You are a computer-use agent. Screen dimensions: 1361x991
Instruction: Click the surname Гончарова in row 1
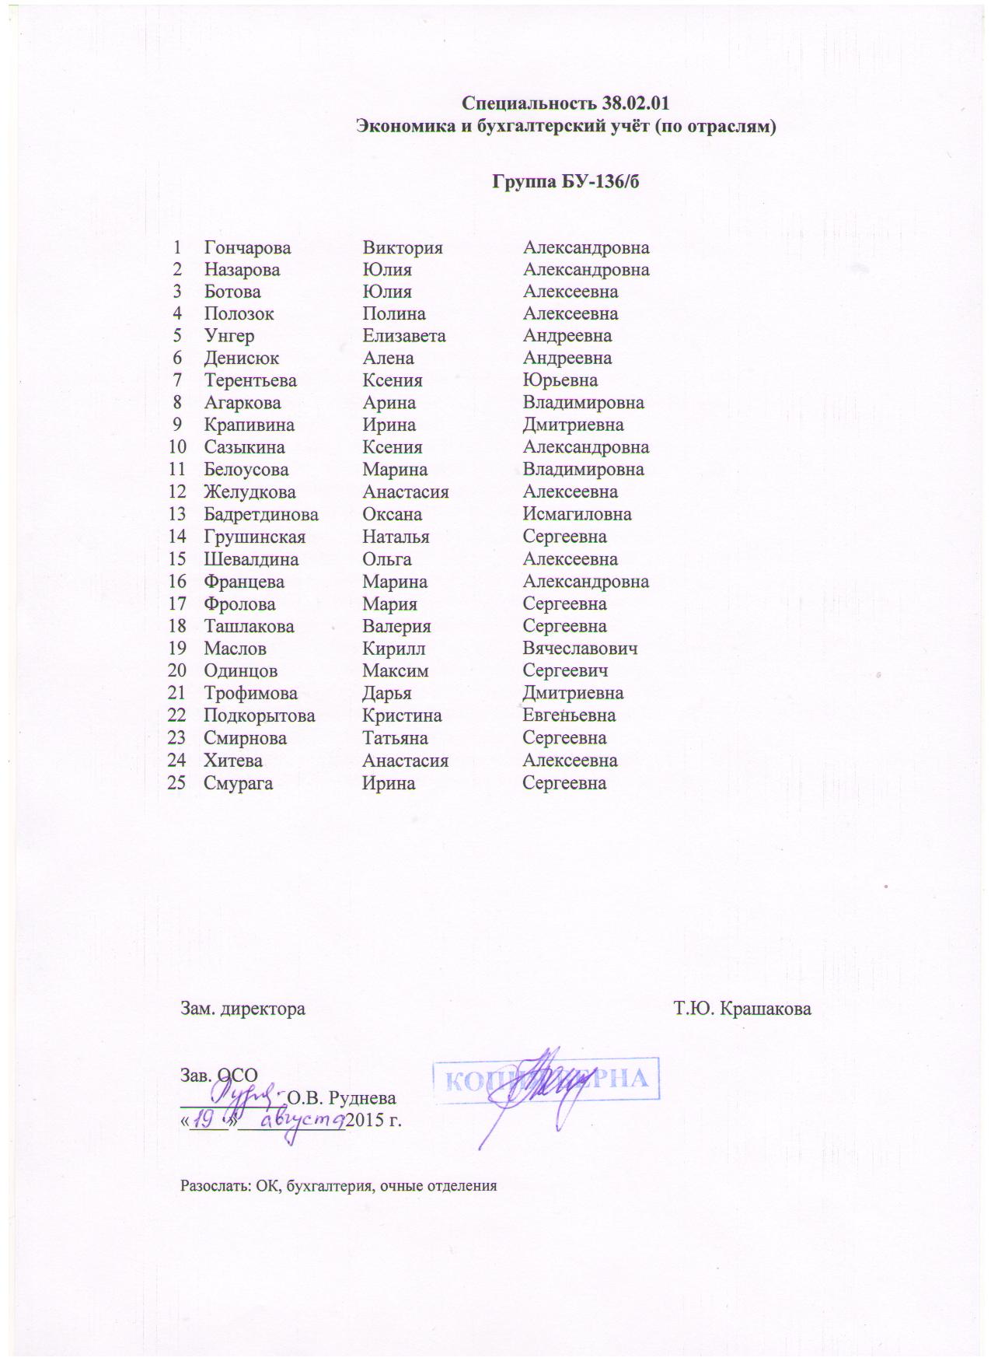click(247, 248)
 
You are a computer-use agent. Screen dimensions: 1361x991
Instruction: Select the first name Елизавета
click(403, 337)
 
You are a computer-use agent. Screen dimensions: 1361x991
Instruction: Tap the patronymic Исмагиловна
click(577, 515)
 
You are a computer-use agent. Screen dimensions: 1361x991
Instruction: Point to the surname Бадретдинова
click(260, 515)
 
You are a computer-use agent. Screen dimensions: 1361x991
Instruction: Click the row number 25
click(176, 783)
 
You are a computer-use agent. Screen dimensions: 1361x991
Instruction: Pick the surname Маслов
click(235, 649)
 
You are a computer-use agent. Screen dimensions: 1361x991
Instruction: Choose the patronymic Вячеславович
click(580, 649)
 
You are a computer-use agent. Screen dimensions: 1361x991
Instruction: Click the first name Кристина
click(402, 716)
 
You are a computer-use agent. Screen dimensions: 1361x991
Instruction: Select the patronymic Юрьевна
click(560, 381)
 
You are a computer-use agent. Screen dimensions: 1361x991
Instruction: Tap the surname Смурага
click(238, 783)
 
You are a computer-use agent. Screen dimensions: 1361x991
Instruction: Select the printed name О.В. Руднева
click(341, 1099)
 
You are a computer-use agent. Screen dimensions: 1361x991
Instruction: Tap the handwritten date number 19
click(205, 1120)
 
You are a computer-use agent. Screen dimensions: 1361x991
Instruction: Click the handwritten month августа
click(302, 1121)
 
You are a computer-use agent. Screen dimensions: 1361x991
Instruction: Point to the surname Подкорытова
click(259, 716)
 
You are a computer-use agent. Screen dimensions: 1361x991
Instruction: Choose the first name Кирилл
click(393, 649)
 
